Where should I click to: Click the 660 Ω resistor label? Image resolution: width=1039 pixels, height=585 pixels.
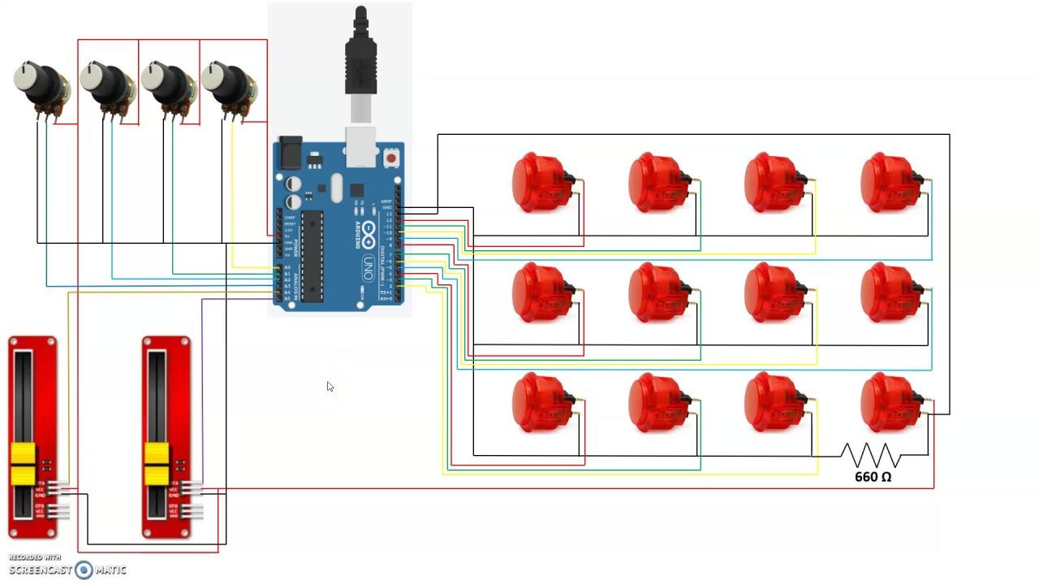(873, 477)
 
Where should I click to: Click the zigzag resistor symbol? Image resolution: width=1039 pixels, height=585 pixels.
(871, 455)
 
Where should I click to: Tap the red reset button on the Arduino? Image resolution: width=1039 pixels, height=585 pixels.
(392, 158)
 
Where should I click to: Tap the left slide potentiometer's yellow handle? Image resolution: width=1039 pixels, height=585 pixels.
(24, 465)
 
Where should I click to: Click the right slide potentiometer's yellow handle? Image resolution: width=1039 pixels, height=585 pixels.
(156, 465)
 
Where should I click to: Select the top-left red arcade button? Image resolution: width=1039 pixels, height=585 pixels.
(537, 182)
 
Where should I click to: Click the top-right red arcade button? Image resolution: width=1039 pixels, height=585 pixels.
(886, 182)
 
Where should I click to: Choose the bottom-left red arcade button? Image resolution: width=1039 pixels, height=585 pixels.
(537, 402)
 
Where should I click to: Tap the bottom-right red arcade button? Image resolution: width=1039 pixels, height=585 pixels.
(886, 402)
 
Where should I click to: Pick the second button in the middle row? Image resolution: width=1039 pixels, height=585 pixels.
(653, 292)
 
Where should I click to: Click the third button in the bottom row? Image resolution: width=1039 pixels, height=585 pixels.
(770, 402)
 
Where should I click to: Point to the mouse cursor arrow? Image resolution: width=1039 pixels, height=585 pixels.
(330, 387)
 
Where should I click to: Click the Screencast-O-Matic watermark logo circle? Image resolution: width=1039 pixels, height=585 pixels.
(84, 570)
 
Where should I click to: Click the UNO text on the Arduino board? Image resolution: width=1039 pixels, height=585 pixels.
(367, 265)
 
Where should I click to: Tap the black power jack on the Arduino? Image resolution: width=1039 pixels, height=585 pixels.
(290, 154)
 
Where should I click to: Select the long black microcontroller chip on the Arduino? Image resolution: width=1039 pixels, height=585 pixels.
(313, 256)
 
